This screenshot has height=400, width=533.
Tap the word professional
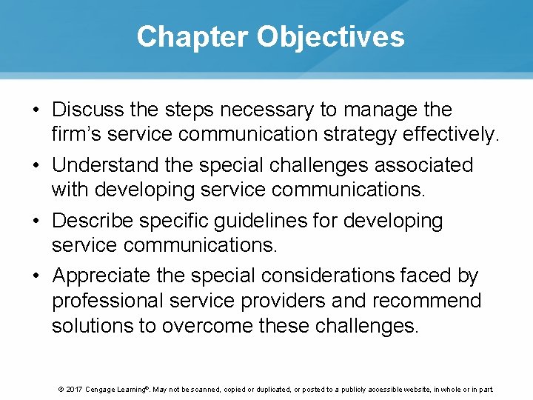(x=107, y=301)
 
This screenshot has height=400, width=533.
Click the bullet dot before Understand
(x=36, y=165)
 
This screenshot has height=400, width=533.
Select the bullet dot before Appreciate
(x=36, y=276)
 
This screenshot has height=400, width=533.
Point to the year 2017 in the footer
(x=73, y=390)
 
